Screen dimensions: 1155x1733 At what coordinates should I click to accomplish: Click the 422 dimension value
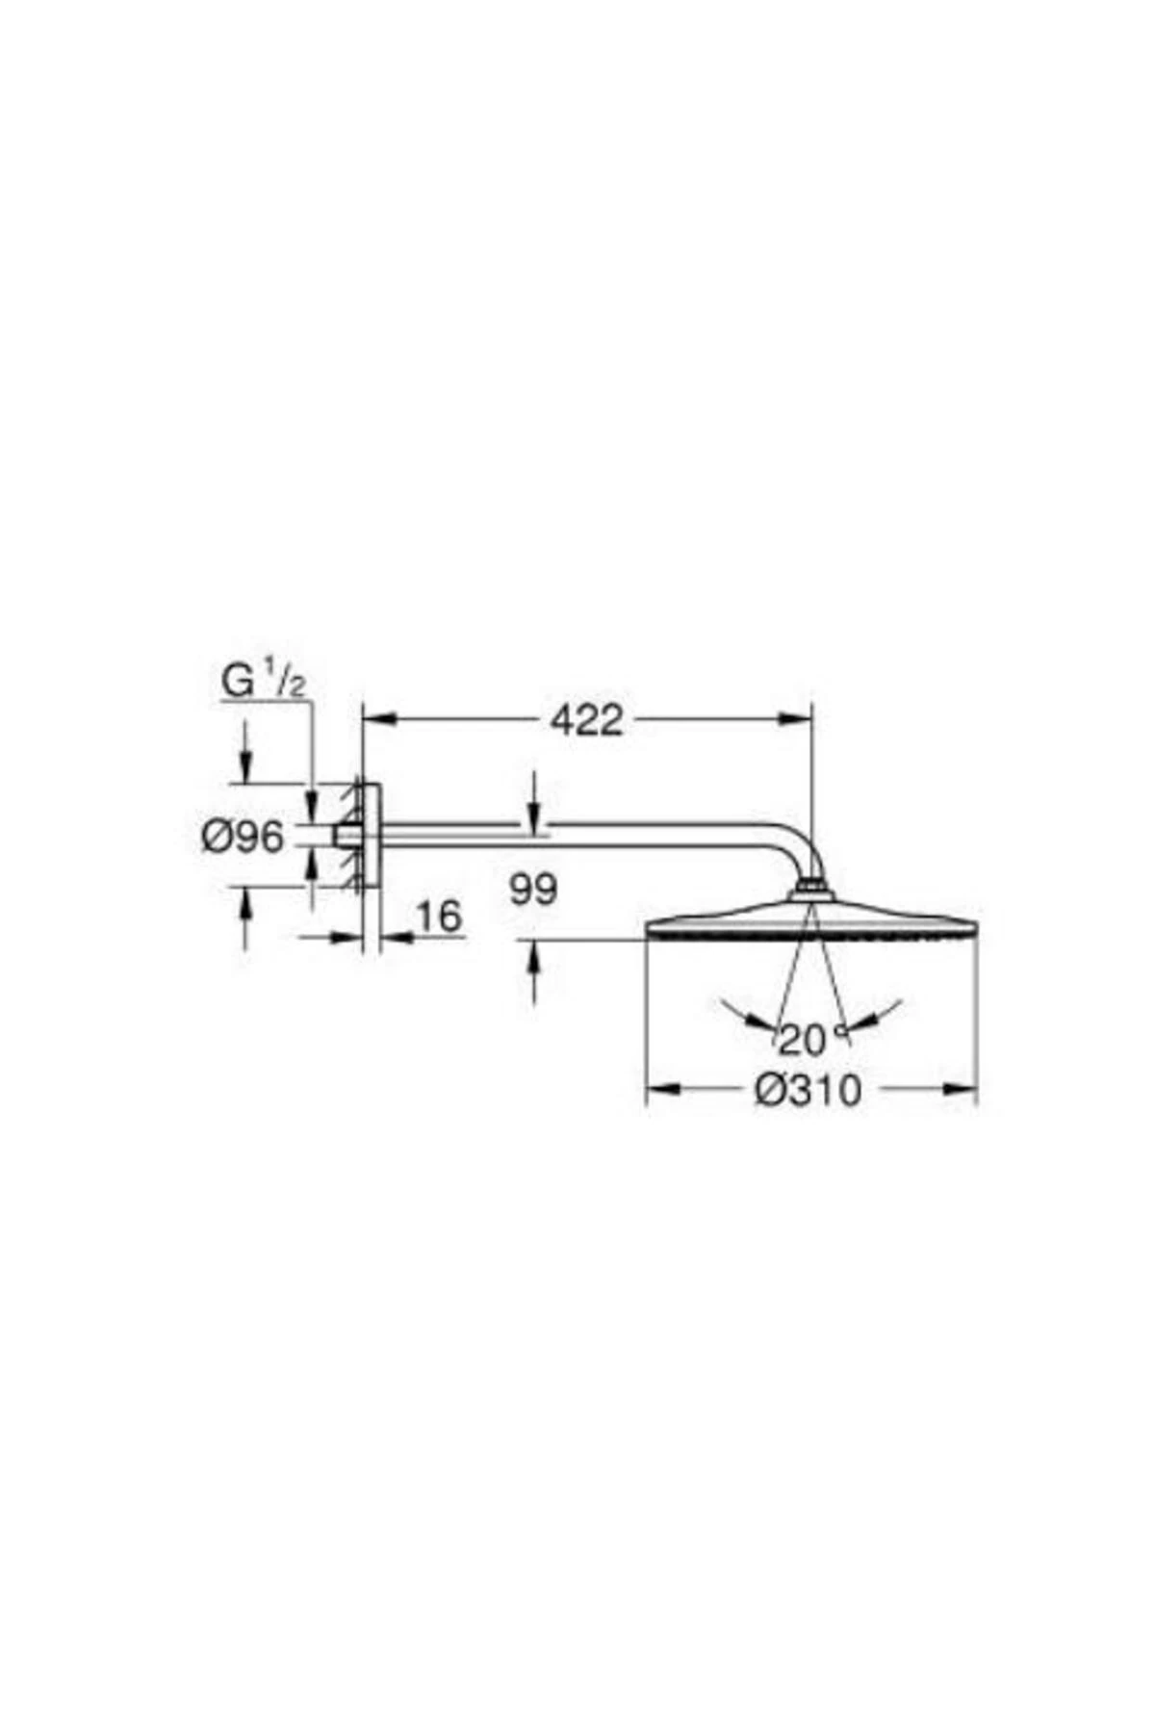[x=586, y=719]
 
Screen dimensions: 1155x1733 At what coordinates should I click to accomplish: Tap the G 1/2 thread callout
[x=263, y=682]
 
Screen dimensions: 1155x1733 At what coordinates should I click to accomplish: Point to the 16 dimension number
[x=439, y=916]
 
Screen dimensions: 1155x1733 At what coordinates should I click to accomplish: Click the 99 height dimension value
[x=533, y=890]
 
